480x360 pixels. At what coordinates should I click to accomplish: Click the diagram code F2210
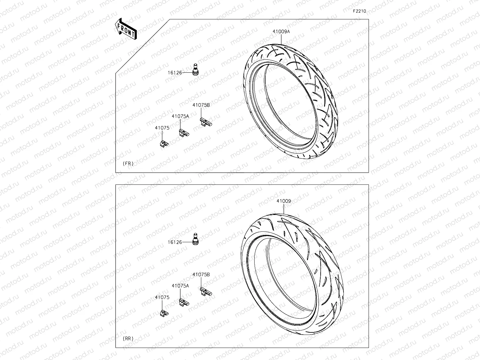[x=359, y=11]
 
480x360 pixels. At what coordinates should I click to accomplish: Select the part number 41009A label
[x=281, y=32]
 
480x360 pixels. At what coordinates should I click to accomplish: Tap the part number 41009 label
[x=283, y=201]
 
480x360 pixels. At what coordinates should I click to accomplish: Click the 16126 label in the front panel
[x=175, y=73]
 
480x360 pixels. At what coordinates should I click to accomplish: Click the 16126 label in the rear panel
[x=175, y=242]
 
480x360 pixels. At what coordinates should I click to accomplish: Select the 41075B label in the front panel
[x=201, y=105]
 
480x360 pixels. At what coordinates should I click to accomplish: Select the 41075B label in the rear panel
[x=201, y=275]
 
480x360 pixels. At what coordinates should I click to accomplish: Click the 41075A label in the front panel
[x=180, y=116]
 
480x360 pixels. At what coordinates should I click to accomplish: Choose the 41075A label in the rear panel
[x=180, y=286]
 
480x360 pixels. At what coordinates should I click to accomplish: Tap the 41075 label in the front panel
[x=162, y=128]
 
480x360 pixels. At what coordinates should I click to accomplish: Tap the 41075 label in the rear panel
[x=162, y=297]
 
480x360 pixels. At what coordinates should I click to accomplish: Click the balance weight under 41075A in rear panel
[x=184, y=302]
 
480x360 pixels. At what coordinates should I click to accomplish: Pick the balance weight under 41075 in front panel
[x=164, y=143]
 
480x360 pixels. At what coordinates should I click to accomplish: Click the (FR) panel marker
[x=128, y=164]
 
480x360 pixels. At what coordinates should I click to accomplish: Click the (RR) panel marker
[x=128, y=339]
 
